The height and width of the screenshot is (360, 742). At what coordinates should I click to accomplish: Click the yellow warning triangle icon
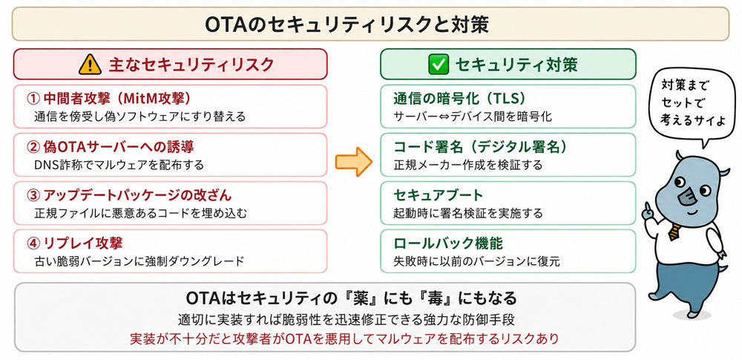[90, 65]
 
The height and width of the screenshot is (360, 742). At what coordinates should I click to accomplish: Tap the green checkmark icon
[438, 65]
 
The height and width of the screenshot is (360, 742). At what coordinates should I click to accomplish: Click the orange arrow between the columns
[354, 162]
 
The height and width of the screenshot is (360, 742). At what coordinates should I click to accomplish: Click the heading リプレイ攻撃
[76, 243]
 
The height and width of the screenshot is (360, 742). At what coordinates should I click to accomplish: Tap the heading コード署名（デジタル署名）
[480, 147]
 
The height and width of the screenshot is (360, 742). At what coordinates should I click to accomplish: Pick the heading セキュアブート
[439, 195]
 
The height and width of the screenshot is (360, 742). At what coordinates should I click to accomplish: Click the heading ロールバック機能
[447, 243]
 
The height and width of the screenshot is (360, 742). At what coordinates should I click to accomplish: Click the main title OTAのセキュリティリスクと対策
[347, 24]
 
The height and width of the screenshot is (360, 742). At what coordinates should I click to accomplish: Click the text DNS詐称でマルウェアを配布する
[119, 165]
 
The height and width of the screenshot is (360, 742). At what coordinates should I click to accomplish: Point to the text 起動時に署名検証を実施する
[468, 213]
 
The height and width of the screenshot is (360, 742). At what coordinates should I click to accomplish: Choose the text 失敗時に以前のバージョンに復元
[476, 261]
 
